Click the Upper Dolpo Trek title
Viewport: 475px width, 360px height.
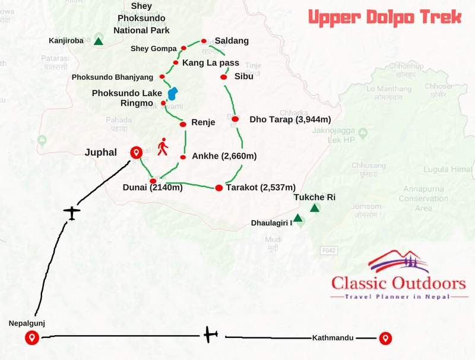(x=384, y=17)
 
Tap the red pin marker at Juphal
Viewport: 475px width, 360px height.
(x=136, y=153)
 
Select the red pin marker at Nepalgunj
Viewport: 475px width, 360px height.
(x=32, y=338)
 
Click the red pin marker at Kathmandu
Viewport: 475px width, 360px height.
(x=386, y=338)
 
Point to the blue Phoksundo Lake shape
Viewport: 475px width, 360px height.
(x=172, y=94)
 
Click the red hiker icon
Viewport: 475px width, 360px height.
(x=162, y=147)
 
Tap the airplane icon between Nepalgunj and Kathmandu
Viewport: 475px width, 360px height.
(x=210, y=336)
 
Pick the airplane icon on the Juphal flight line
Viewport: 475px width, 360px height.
(x=72, y=212)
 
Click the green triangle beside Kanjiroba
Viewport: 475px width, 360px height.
(x=99, y=42)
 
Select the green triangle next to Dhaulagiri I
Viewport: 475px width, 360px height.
(x=298, y=218)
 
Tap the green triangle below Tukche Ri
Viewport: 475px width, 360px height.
(x=315, y=208)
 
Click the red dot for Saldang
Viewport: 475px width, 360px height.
(x=204, y=41)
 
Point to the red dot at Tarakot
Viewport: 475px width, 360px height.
(x=218, y=188)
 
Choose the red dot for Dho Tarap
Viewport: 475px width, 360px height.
(x=235, y=119)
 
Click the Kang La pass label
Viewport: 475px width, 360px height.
(x=210, y=62)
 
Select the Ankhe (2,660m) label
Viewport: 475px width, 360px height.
(x=223, y=157)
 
